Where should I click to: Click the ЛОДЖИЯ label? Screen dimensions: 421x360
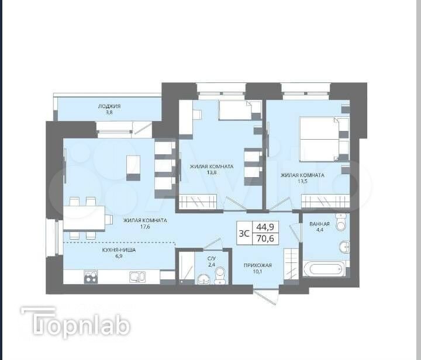(109, 106)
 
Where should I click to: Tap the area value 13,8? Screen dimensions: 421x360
(212, 172)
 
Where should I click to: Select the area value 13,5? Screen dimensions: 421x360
(302, 181)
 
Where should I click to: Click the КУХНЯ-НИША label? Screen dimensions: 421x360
(119, 250)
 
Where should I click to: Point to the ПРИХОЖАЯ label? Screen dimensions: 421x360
(258, 265)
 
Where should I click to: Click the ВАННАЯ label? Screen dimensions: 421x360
(319, 224)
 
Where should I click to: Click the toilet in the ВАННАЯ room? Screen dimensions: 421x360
(341, 221)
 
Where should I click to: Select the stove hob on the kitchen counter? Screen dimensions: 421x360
(91, 277)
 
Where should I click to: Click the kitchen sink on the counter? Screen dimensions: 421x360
(137, 277)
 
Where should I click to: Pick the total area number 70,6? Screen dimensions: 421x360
(265, 238)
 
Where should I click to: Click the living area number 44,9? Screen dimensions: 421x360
(265, 227)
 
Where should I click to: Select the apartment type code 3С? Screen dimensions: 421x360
(244, 233)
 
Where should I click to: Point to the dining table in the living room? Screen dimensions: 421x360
(84, 218)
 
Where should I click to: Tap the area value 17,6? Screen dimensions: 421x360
(145, 227)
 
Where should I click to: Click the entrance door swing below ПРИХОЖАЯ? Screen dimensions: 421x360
(266, 296)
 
